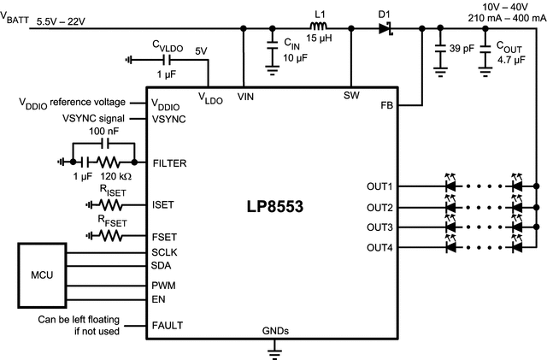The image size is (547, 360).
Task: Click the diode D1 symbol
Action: (385, 28)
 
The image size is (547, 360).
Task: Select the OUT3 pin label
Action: (379, 227)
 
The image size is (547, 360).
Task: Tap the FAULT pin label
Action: (168, 325)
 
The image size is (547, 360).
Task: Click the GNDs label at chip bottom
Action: (274, 330)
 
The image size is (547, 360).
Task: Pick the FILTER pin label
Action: (168, 162)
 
